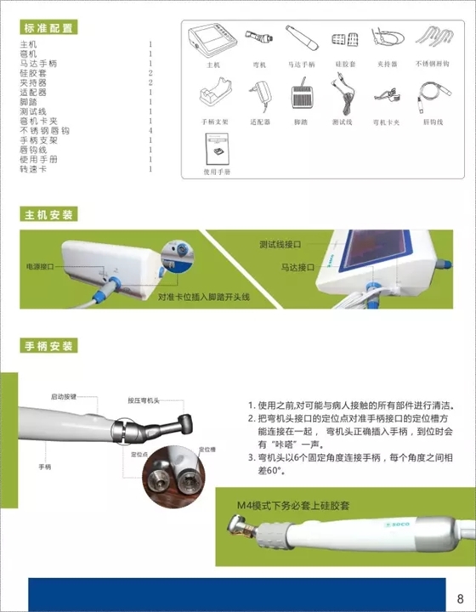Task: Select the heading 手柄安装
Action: (49, 346)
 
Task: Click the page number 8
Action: (460, 596)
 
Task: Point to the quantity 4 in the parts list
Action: (150, 130)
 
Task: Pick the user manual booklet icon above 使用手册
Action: (217, 150)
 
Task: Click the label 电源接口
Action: (40, 266)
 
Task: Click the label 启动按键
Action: (64, 396)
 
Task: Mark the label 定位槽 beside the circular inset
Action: (207, 448)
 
